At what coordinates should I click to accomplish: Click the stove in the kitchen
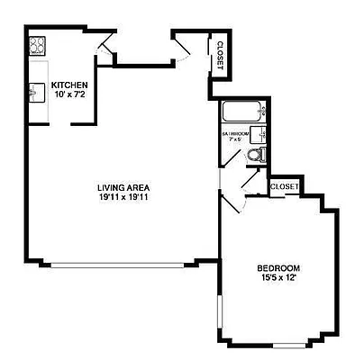pyautogui.click(x=37, y=45)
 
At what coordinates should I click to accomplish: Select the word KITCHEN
pyautogui.click(x=68, y=85)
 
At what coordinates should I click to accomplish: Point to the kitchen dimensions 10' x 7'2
pyautogui.click(x=68, y=94)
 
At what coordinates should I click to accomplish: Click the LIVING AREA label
pyautogui.click(x=123, y=188)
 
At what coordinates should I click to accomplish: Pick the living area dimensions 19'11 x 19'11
pyautogui.click(x=123, y=198)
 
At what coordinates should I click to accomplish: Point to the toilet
pyautogui.click(x=254, y=156)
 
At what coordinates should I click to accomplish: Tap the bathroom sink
pyautogui.click(x=259, y=135)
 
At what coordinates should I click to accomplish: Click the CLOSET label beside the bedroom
pyautogui.click(x=284, y=187)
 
